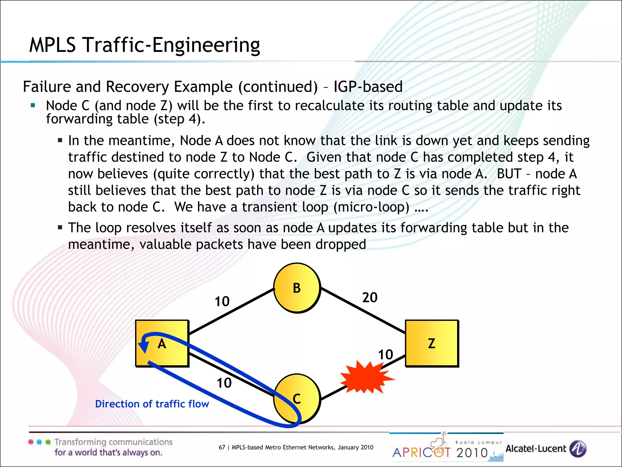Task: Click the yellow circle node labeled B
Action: pyautogui.click(x=297, y=288)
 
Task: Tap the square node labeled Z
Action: pyautogui.click(x=432, y=343)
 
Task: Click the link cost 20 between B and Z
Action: pyautogui.click(x=370, y=297)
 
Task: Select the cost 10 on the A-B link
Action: pyautogui.click(x=222, y=302)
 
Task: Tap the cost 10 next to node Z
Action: pyautogui.click(x=385, y=355)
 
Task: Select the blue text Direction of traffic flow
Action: pyautogui.click(x=152, y=404)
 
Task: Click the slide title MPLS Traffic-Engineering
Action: pyautogui.click(x=145, y=45)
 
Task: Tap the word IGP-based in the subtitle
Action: pyautogui.click(x=368, y=87)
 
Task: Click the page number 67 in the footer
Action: pyautogui.click(x=222, y=447)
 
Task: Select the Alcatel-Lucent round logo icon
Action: pyautogui.click(x=578, y=449)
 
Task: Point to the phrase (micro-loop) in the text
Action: pyautogui.click(x=371, y=207)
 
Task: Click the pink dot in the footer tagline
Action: pyautogui.click(x=31, y=442)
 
